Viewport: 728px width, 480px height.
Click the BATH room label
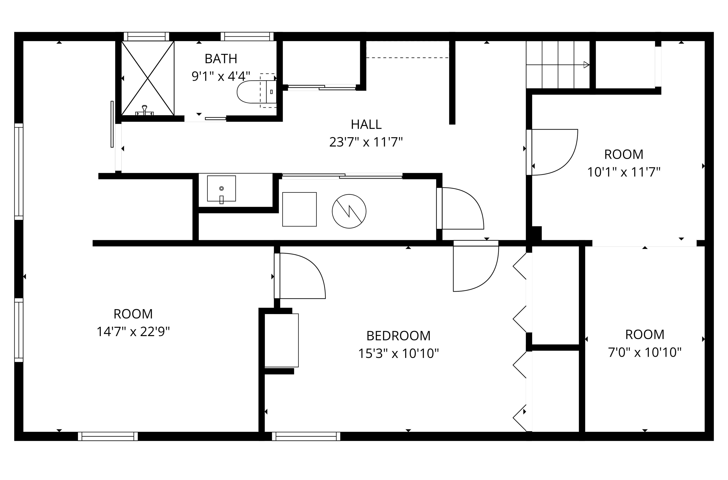(221, 59)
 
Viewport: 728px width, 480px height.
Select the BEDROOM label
(398, 336)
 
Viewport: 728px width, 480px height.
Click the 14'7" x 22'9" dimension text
(133, 332)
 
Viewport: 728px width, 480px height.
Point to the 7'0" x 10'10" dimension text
(644, 352)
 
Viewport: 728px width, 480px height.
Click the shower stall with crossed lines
(148, 78)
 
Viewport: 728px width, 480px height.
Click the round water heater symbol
(349, 211)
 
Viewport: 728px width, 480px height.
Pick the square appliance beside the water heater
(299, 209)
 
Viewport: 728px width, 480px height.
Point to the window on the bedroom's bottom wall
(306, 436)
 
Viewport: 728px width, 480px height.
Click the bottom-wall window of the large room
(108, 436)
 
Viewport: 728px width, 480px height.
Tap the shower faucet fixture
(144, 110)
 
